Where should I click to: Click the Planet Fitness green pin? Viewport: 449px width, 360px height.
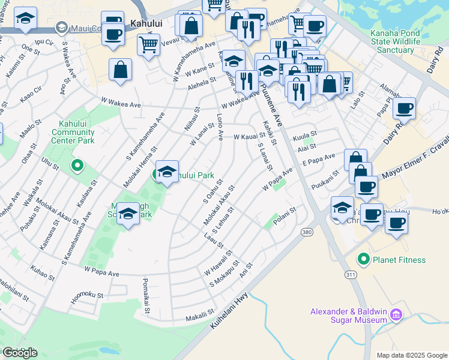363,260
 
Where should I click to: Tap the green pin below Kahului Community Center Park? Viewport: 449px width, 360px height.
77,165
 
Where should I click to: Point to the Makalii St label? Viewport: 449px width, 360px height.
199,317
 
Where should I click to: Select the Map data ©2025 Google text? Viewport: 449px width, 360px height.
411,355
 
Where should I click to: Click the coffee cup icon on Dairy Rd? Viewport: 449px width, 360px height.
405,109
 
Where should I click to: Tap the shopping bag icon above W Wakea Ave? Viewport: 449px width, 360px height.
121,70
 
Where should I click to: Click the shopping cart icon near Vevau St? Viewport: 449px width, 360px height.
148,44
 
